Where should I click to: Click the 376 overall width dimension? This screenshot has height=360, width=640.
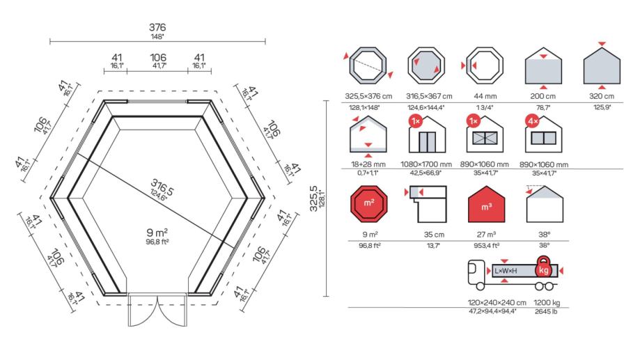click(x=157, y=27)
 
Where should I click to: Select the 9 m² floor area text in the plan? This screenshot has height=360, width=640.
click(x=157, y=231)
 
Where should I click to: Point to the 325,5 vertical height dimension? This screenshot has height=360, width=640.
click(x=314, y=198)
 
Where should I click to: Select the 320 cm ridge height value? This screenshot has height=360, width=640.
click(x=603, y=96)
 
